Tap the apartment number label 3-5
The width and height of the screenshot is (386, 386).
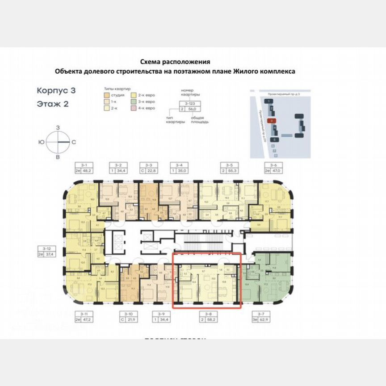[x=229, y=165]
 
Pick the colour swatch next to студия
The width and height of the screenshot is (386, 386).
[x=106, y=96]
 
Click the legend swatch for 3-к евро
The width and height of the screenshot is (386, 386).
[x=134, y=102]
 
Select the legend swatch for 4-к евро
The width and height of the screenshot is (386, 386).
[x=134, y=108]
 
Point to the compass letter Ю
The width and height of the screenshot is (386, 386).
[x=41, y=142]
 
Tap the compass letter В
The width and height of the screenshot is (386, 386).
[x=58, y=157]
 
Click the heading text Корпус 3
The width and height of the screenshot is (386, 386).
[x=56, y=90]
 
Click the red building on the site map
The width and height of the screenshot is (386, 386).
[x=270, y=120]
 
